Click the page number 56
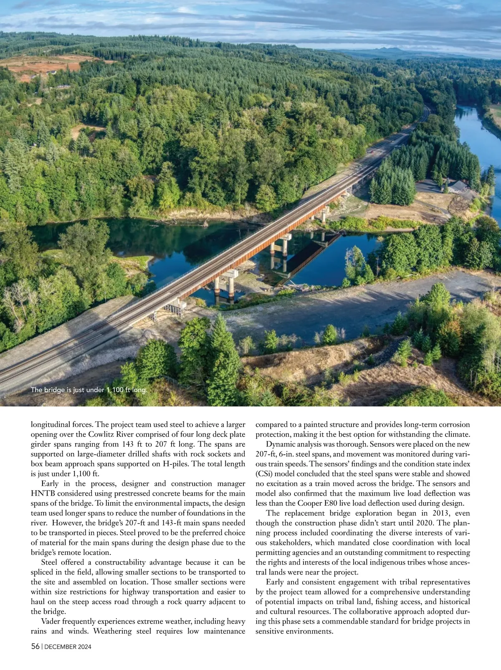tap(35, 646)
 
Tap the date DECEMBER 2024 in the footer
tap(68, 647)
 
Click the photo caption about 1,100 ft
tap(89, 390)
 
